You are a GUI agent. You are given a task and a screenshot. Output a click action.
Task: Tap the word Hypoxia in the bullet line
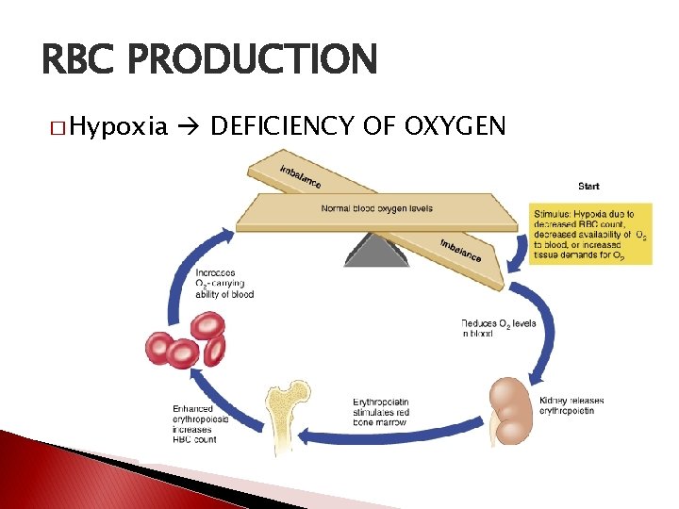point(119,125)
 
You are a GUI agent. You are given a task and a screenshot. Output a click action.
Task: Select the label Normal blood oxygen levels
point(377,207)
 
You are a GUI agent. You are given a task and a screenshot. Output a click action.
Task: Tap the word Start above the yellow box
point(588,186)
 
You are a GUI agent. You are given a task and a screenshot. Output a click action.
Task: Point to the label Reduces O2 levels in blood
point(499,328)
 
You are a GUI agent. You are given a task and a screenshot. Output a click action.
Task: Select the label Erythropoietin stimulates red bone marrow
point(381,412)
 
